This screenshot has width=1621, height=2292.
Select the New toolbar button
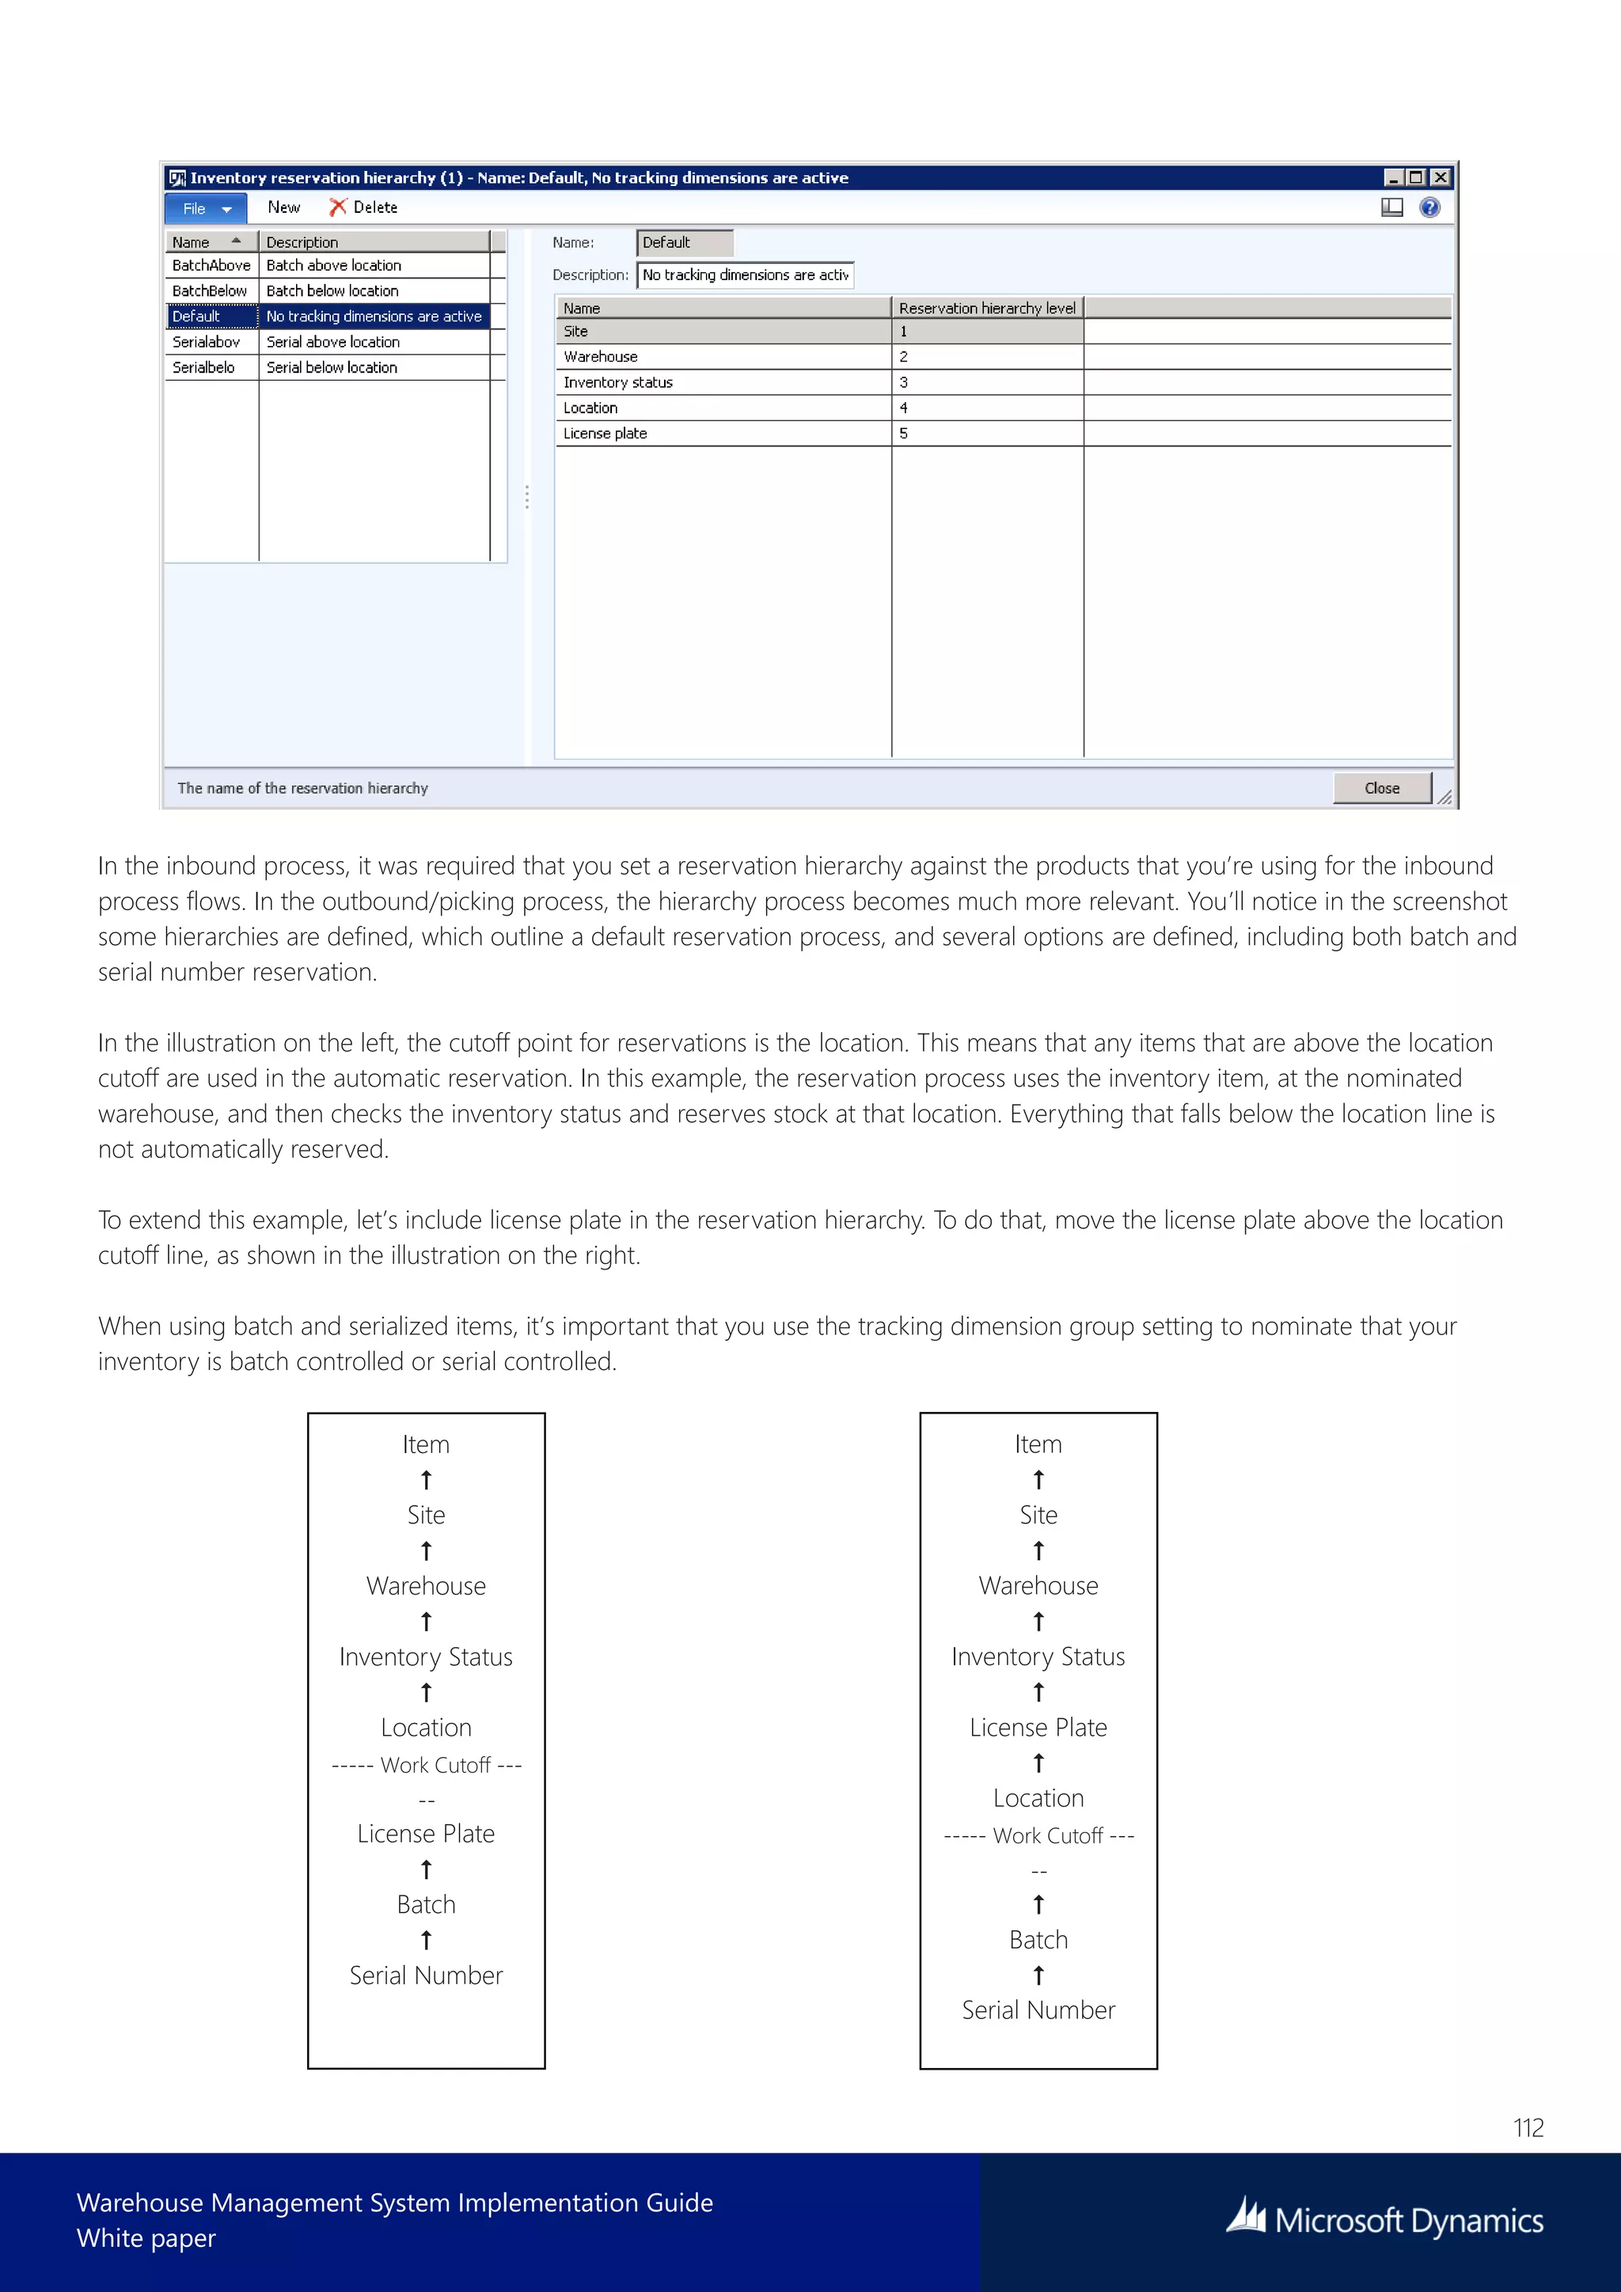283,207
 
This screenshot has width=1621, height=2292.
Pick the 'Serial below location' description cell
332,367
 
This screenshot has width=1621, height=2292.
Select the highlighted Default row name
196,316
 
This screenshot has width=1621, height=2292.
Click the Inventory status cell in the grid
618,382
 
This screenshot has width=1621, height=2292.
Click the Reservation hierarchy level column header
986,309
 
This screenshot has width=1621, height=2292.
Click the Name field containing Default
684,243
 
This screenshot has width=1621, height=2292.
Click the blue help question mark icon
1429,207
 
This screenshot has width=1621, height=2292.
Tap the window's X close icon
1439,178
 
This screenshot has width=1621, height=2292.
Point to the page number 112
1527,2127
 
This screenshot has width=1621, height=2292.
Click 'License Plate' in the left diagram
426,1833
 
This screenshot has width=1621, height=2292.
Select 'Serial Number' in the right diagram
1038,2009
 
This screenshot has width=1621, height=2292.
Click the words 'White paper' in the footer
146,2238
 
